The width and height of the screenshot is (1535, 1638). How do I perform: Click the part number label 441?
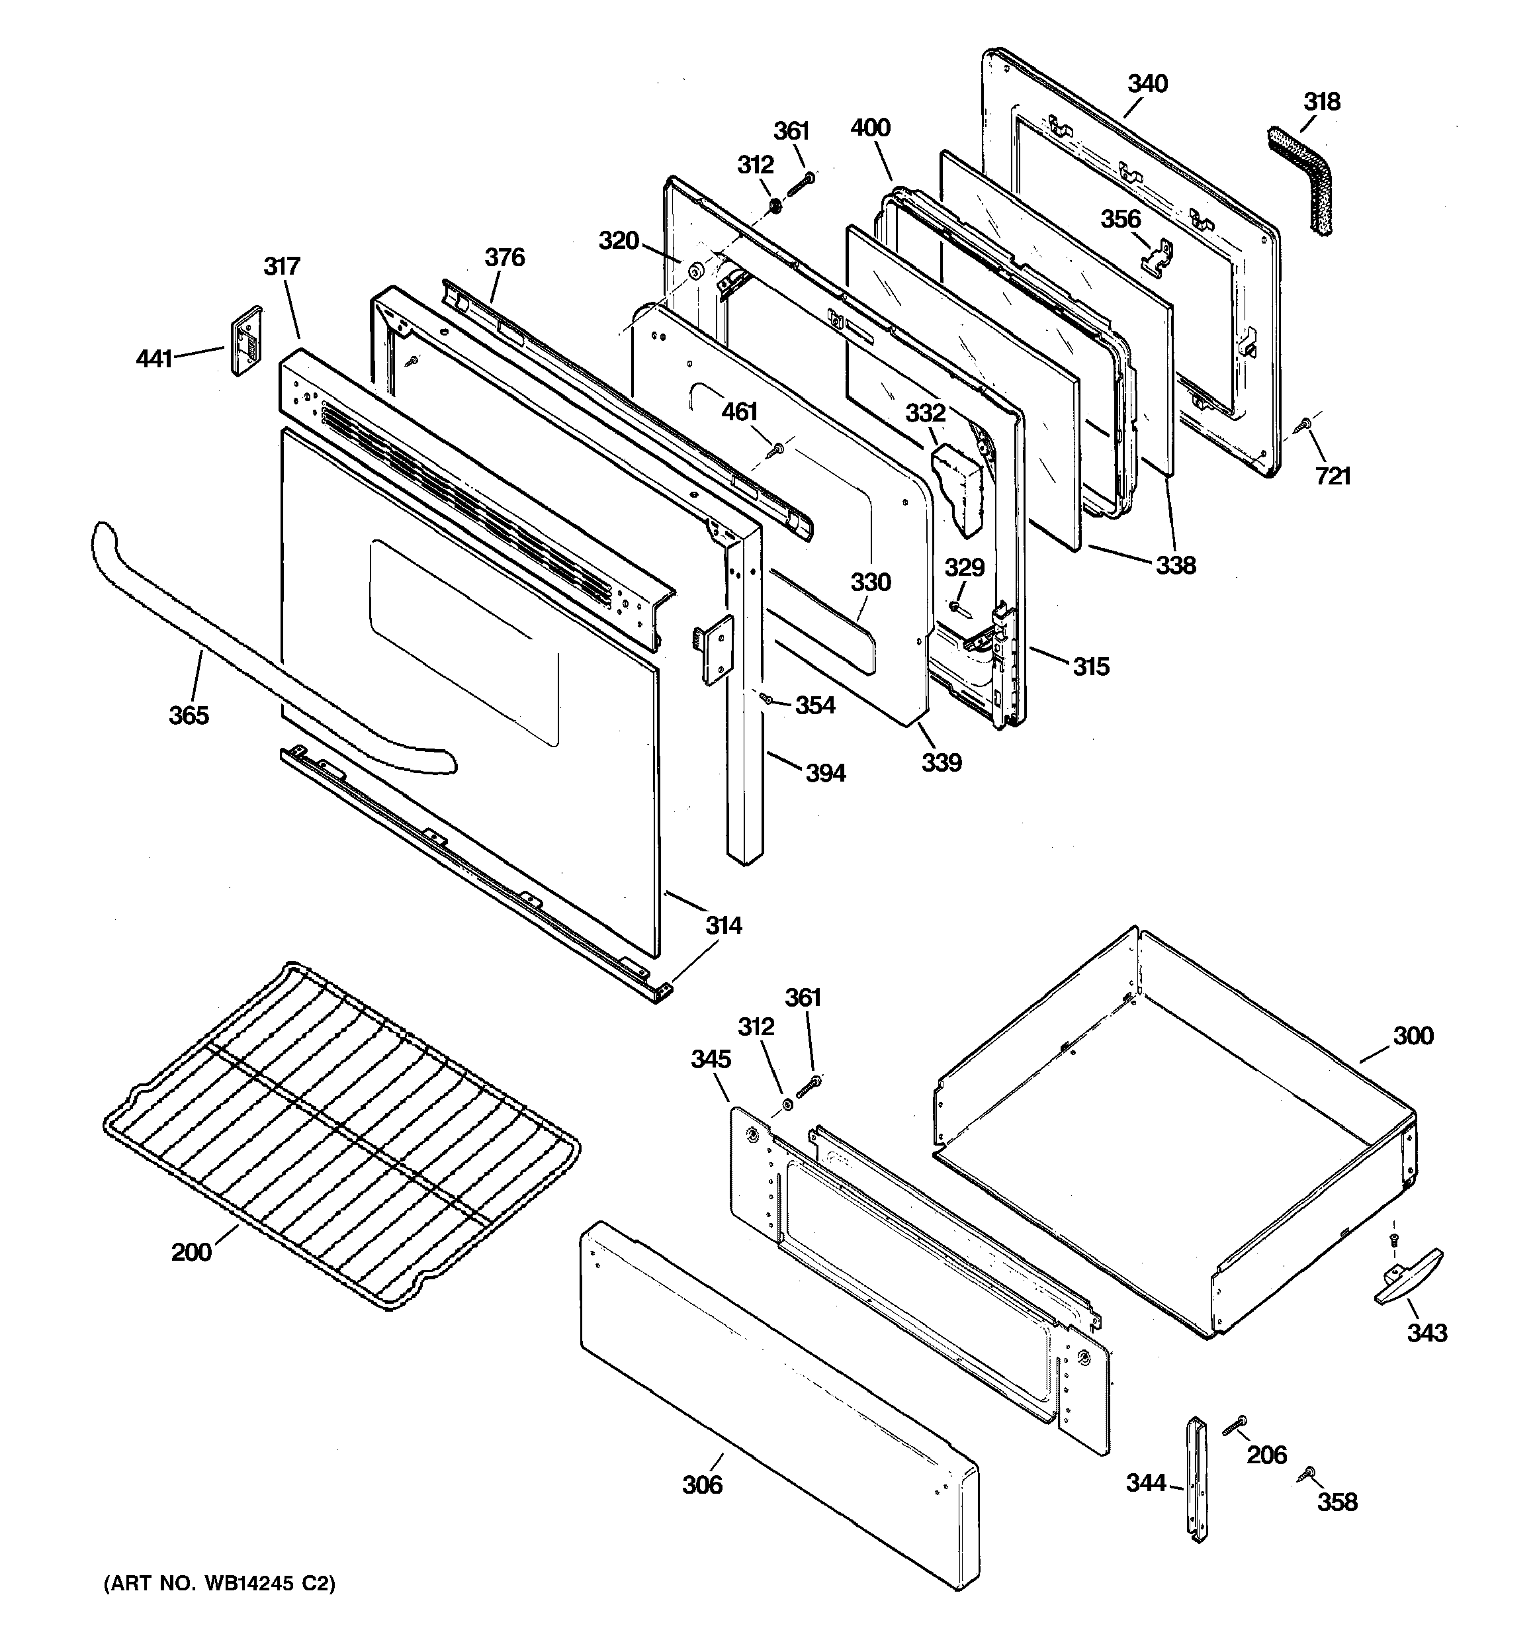(154, 359)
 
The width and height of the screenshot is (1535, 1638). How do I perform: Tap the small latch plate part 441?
(245, 341)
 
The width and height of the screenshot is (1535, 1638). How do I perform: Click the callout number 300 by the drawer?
(1413, 1036)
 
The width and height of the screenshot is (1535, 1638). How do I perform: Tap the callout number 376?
(504, 258)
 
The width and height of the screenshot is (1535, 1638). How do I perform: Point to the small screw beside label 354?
(766, 700)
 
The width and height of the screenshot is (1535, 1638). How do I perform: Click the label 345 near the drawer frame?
(710, 1060)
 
